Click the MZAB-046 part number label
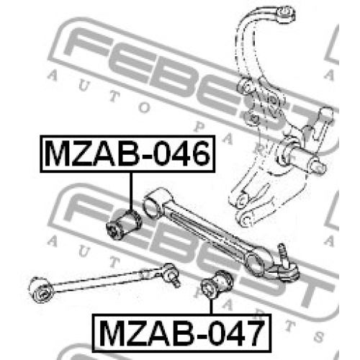(127, 154)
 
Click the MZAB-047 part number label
(181, 333)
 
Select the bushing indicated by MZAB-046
(124, 225)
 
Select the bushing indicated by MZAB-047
(217, 285)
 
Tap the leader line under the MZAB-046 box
(131, 192)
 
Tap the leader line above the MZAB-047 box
(211, 307)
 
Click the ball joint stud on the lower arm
(283, 254)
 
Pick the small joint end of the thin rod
(171, 275)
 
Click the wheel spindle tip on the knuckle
(318, 166)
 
